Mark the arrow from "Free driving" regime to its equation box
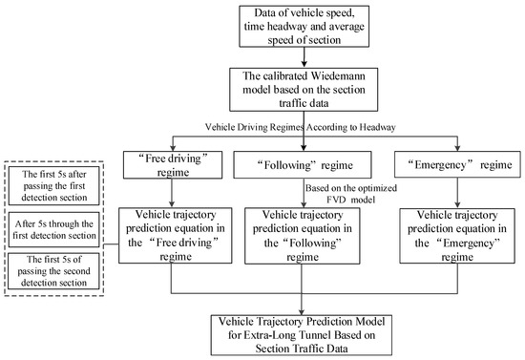(171, 192)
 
